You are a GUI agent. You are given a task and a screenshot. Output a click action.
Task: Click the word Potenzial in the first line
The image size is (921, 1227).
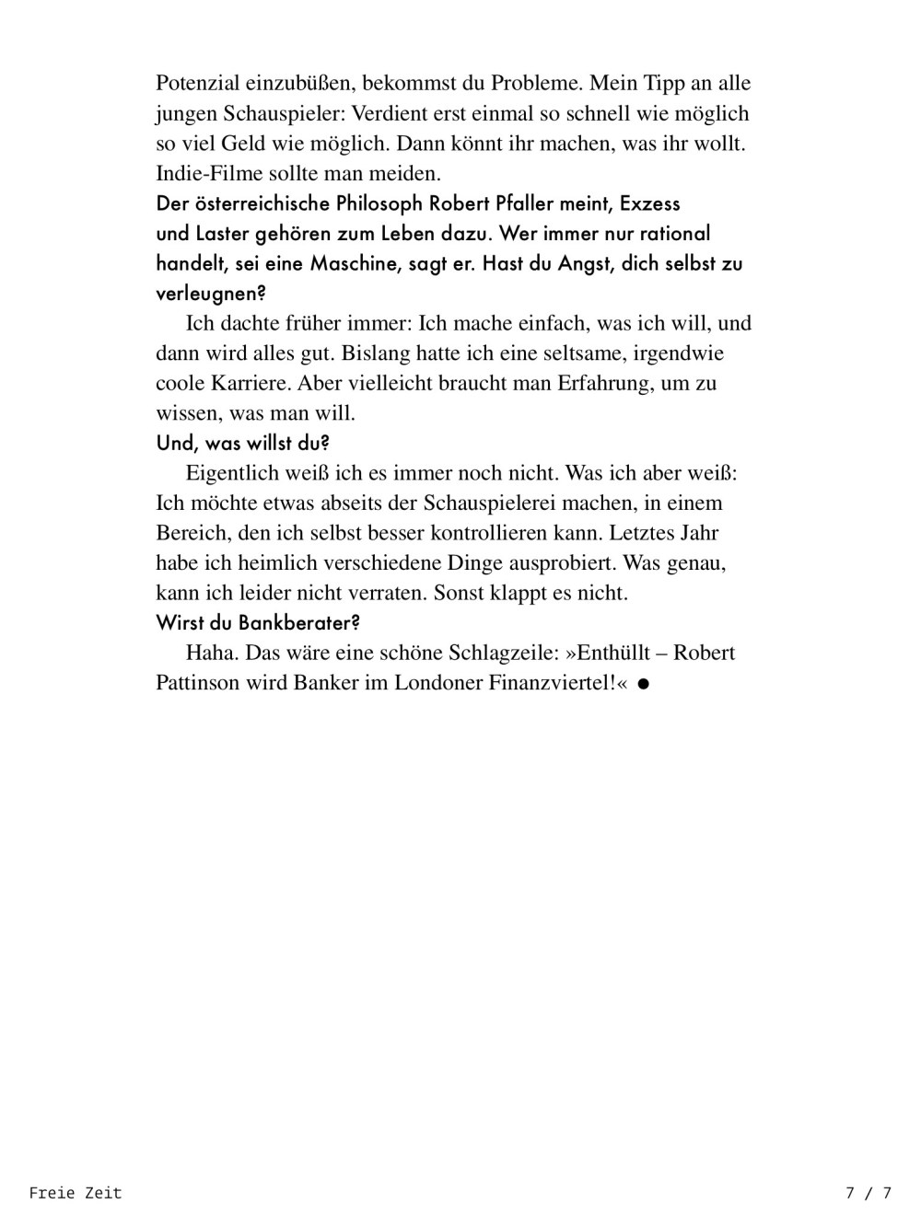click(197, 84)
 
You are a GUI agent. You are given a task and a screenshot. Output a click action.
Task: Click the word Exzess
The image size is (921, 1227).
click(650, 203)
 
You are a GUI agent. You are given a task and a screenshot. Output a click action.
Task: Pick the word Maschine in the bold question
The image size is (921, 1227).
click(354, 263)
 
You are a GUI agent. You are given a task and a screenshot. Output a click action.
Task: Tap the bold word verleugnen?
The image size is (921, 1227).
click(211, 294)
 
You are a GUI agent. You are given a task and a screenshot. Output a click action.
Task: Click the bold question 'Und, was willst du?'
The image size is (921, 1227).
click(243, 443)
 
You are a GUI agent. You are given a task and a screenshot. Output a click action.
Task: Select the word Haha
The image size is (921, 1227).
click(212, 653)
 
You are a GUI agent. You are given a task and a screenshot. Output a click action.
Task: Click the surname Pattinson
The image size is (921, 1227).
click(198, 683)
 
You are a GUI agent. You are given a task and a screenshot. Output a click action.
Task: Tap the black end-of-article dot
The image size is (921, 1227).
click(644, 684)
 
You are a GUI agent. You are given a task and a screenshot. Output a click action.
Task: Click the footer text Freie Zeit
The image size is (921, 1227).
click(76, 1193)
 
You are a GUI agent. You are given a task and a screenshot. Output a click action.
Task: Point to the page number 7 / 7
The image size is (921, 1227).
click(869, 1193)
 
